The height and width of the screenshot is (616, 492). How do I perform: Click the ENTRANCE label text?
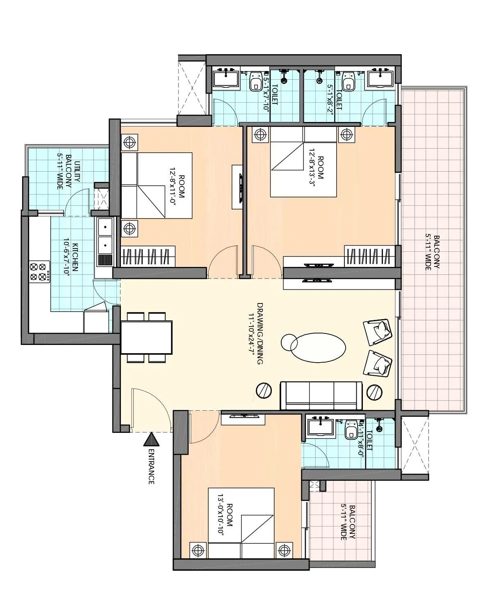pos(151,467)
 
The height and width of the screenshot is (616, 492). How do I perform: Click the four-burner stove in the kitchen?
pos(39,271)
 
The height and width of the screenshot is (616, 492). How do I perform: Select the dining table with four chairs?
pos(146,337)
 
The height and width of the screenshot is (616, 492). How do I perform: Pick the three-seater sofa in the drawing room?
pos(321,395)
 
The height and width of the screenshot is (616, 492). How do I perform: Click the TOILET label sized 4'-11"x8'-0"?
pos(368,441)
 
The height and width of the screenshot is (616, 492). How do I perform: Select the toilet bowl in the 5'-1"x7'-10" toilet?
pos(256,81)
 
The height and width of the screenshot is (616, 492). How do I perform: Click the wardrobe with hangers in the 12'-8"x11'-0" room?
pos(148,257)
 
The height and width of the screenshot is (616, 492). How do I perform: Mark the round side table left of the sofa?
pos(264,391)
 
